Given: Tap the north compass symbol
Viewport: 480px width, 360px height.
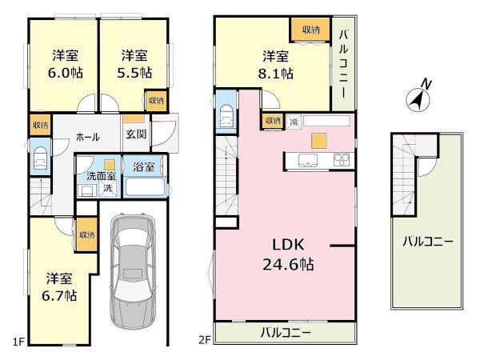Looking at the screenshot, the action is pyautogui.click(x=418, y=97).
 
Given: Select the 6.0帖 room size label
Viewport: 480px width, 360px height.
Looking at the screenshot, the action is pyautogui.click(x=66, y=73).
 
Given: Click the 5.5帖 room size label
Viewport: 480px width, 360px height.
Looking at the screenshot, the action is pyautogui.click(x=134, y=73).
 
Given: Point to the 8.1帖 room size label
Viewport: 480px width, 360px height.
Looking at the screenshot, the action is pyautogui.click(x=275, y=74).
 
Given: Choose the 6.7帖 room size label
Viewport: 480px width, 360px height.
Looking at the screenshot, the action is pyautogui.click(x=59, y=296).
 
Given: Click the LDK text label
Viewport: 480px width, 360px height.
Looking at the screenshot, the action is pyautogui.click(x=288, y=245).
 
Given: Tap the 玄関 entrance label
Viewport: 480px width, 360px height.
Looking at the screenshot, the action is pyautogui.click(x=136, y=134).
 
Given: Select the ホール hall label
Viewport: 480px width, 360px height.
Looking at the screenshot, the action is pyautogui.click(x=87, y=137).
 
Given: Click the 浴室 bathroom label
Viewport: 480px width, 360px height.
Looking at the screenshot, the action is pyautogui.click(x=143, y=167).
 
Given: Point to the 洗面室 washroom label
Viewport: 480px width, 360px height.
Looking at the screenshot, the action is pyautogui.click(x=102, y=176).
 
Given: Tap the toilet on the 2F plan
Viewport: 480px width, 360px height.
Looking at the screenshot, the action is pyautogui.click(x=226, y=115).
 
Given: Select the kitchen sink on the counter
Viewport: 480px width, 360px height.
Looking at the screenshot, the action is pyautogui.click(x=308, y=160).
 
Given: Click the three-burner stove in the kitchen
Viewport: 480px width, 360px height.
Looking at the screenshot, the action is pyautogui.click(x=342, y=160).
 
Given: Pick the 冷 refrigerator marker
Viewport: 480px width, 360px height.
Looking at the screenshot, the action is pyautogui.click(x=294, y=122).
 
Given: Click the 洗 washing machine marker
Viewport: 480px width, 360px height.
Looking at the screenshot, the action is pyautogui.click(x=108, y=188).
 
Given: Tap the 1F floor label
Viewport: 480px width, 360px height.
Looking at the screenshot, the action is pyautogui.click(x=18, y=341).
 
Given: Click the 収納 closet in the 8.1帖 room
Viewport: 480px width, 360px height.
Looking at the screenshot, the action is pyautogui.click(x=311, y=30).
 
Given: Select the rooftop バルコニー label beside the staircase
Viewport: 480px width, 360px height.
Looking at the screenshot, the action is pyautogui.click(x=427, y=242).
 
